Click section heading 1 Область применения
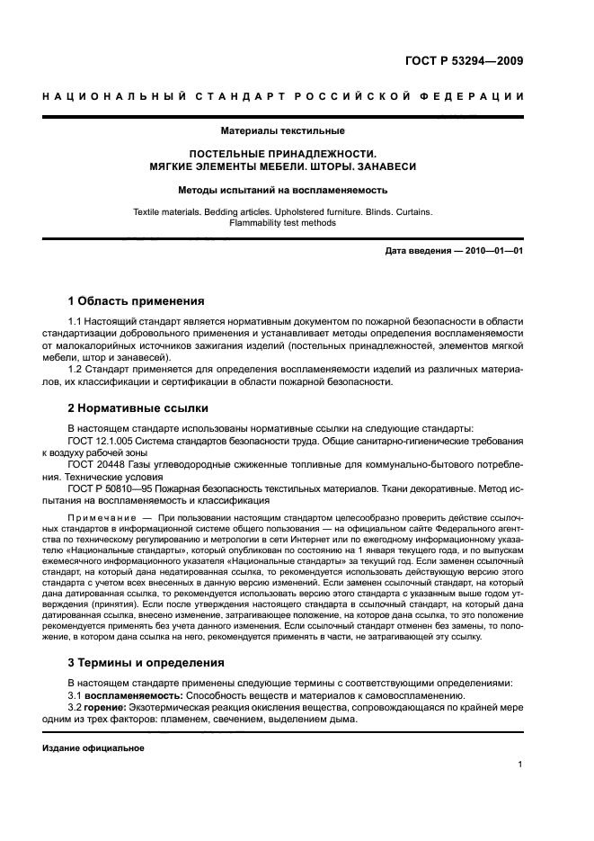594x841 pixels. click(137, 300)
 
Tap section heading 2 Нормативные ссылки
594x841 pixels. click(137, 407)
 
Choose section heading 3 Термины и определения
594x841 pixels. click(146, 662)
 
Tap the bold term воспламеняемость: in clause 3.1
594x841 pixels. click(134, 696)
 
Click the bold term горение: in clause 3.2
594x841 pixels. click(109, 708)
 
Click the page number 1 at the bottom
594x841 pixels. click(520, 765)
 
